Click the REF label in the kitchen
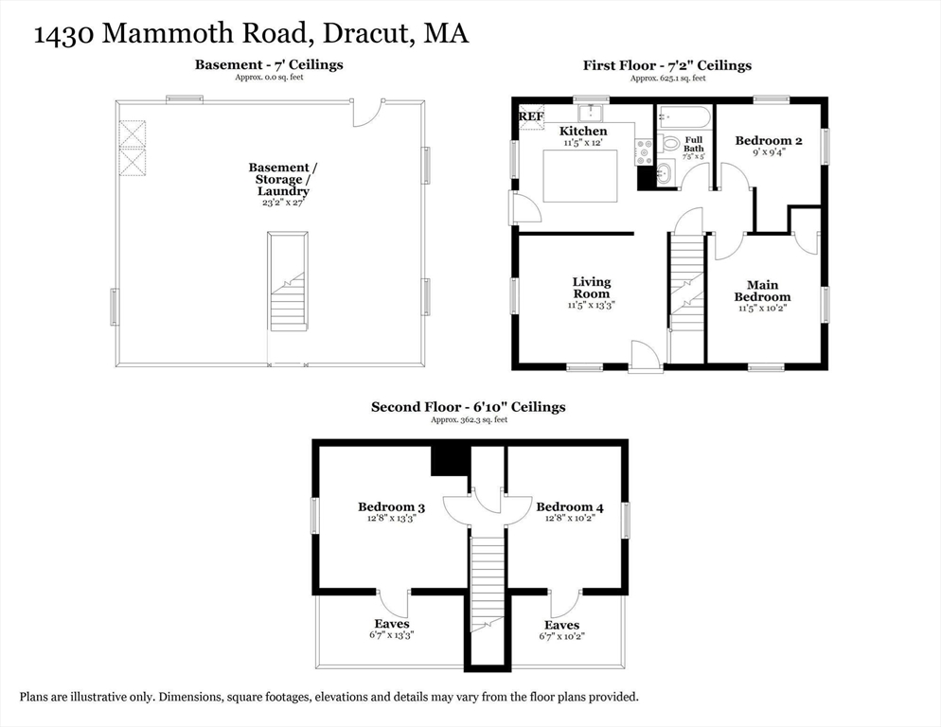point(531,116)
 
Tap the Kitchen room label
point(583,131)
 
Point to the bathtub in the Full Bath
point(683,118)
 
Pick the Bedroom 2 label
point(769,141)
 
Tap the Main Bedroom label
point(762,291)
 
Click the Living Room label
point(591,288)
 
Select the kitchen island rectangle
point(580,175)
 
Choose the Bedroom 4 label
point(570,506)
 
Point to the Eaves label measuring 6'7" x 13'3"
point(391,624)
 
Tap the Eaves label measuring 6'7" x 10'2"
point(561,625)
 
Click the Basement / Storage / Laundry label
point(283,179)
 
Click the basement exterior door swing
point(368,113)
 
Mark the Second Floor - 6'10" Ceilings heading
point(468,407)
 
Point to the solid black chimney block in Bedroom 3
point(450,461)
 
